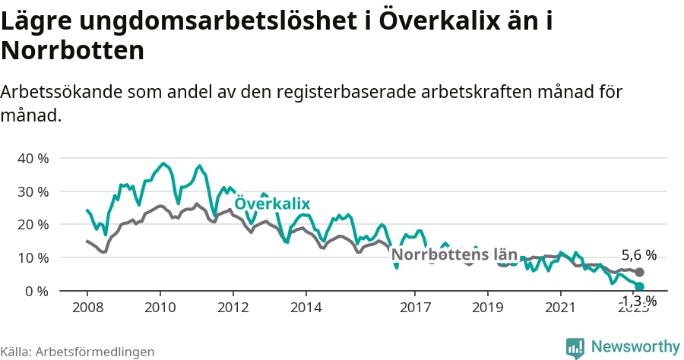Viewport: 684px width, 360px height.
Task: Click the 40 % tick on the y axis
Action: tap(33, 159)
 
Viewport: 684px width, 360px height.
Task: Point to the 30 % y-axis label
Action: tap(33, 191)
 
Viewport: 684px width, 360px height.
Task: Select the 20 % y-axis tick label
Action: tap(33, 225)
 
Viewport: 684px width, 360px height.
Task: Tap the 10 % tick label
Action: tap(33, 258)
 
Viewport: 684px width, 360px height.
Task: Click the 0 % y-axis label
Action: tap(36, 291)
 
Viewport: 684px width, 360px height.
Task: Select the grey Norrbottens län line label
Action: tap(454, 254)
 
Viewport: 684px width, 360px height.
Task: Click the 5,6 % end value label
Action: tap(638, 255)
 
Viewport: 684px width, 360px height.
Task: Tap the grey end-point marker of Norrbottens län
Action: tap(639, 272)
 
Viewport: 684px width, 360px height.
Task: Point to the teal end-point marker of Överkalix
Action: tap(639, 286)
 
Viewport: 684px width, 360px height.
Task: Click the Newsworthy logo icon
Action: tap(575, 348)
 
